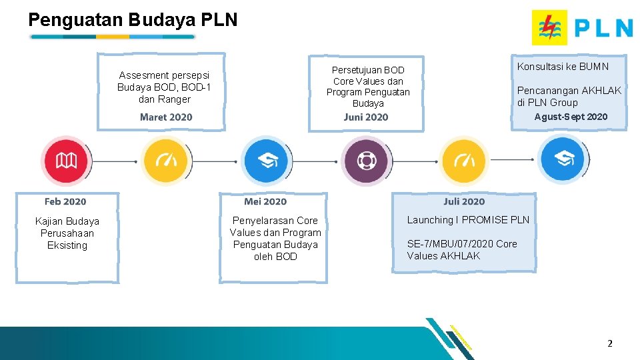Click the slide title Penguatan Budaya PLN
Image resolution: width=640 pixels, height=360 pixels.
pyautogui.click(x=133, y=20)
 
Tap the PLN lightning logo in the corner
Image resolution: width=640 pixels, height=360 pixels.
pyautogui.click(x=549, y=27)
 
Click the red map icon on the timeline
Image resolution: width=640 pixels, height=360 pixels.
pyautogui.click(x=65, y=161)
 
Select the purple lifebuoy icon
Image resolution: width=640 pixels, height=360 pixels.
pyautogui.click(x=365, y=161)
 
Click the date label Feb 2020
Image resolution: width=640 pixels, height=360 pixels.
pyautogui.click(x=65, y=201)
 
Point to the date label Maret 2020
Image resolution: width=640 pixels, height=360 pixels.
pyautogui.click(x=166, y=117)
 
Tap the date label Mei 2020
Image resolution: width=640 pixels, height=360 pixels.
pyautogui.click(x=265, y=201)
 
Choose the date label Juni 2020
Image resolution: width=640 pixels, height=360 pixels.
pyautogui.click(x=366, y=117)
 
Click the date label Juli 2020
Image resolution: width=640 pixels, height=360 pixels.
pyautogui.click(x=464, y=201)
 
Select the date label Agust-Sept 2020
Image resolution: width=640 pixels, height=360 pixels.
pyautogui.click(x=571, y=117)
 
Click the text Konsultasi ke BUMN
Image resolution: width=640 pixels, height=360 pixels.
pyautogui.click(x=563, y=66)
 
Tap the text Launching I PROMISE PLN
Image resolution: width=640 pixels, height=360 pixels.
pyautogui.click(x=468, y=220)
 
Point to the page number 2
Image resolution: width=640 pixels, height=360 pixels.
pyautogui.click(x=609, y=343)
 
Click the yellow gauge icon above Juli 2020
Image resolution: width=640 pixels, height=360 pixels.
pyautogui.click(x=464, y=161)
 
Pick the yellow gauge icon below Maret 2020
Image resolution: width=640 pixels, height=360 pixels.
pyautogui.click(x=165, y=161)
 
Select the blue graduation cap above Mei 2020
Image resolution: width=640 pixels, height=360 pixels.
pyautogui.click(x=265, y=161)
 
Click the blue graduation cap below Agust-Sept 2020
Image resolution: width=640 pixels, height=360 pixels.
pyautogui.click(x=562, y=158)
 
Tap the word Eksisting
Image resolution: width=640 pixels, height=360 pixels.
pyautogui.click(x=67, y=245)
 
